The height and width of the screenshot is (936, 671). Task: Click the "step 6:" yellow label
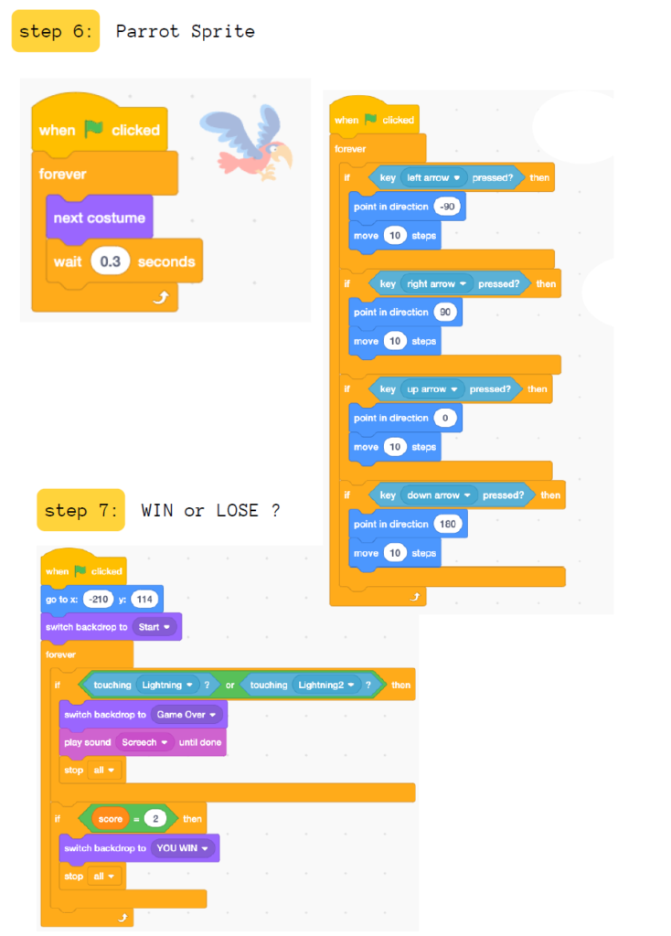[x=55, y=31]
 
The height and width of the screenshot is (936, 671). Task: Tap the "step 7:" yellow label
[x=80, y=510]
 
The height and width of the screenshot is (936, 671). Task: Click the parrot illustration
[x=246, y=141]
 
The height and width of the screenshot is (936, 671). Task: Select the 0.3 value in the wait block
[x=110, y=261]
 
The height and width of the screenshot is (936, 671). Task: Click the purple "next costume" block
[x=99, y=218]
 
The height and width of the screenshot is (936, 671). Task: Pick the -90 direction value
[x=449, y=207]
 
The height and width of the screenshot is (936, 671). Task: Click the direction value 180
[x=451, y=525]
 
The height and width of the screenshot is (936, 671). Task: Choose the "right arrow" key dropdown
[x=436, y=283]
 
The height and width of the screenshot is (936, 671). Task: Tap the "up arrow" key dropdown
[x=431, y=389]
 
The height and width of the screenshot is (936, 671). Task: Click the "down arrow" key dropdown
[x=438, y=495]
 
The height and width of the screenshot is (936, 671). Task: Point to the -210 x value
[x=97, y=600]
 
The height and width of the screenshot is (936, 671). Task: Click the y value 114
[x=144, y=600]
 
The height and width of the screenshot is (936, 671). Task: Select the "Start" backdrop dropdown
[x=154, y=627]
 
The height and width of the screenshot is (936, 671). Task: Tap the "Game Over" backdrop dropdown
[x=186, y=714]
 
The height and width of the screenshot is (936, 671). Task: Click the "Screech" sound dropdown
[x=144, y=742]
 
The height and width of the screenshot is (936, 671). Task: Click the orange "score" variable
[x=111, y=819]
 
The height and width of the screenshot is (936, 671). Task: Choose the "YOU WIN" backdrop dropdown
[x=183, y=848]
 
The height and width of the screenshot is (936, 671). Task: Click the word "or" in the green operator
[x=231, y=685]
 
